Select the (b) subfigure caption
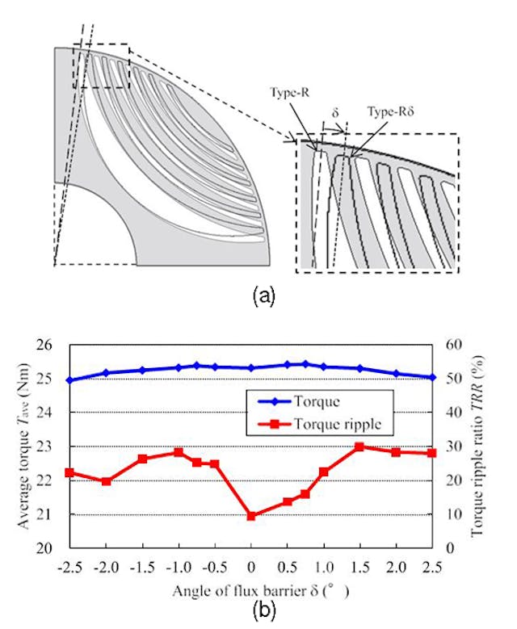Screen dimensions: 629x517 (259, 610)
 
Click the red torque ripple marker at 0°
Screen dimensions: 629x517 (251, 516)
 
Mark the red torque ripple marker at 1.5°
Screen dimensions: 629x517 (360, 447)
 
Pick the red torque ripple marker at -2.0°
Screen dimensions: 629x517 (106, 481)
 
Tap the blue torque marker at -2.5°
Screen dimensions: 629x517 (69, 380)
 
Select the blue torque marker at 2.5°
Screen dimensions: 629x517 (433, 377)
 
